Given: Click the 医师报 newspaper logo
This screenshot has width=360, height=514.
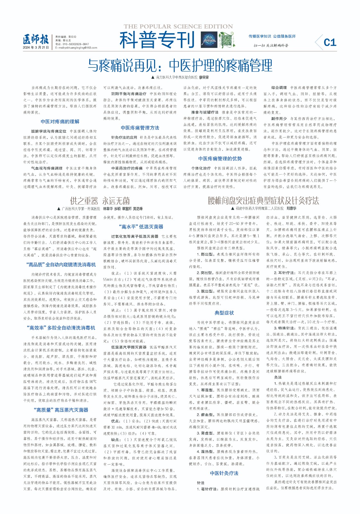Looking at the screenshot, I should pos(36,40).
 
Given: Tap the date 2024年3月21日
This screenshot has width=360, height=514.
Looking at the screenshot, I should pos(36,48).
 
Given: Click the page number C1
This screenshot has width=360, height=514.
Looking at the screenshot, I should pos(330,42).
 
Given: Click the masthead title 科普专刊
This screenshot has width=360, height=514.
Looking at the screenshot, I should pos(157,40).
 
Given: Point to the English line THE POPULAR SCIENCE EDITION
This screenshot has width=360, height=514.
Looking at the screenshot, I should pos(178,27).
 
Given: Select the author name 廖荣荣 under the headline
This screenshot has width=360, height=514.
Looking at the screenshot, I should pos(204,77).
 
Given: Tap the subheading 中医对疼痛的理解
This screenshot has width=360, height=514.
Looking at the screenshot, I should pos(60,121).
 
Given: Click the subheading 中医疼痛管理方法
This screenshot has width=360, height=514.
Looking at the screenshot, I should pos(140,128).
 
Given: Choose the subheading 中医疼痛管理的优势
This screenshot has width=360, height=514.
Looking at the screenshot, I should pos(220,158).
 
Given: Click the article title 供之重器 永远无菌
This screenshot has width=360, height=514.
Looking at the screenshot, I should pos(100,201).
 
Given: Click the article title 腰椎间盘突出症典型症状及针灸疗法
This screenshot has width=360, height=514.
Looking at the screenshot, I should pos(263,201).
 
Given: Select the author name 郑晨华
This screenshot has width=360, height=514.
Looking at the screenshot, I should pos(291,208).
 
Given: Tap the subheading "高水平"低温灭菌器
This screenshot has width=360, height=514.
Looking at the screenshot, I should pos(141,226).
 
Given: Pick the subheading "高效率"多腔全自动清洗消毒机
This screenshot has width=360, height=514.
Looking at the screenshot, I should pos(61,328).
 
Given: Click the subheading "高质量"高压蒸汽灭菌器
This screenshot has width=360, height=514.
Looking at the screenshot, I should pos(61,410).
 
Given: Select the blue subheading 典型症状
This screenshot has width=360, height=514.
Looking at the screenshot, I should pos(224,313).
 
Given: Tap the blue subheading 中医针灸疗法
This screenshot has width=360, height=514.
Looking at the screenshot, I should pos(224,473).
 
